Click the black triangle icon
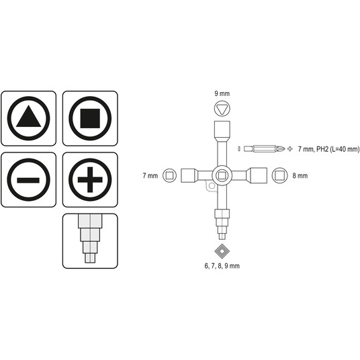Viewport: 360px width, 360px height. [x=29, y=117]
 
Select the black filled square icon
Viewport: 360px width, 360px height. [x=90, y=118]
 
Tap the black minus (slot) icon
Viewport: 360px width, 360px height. [x=28, y=180]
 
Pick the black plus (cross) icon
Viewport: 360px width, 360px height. [x=90, y=180]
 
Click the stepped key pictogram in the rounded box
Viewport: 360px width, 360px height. [x=90, y=238]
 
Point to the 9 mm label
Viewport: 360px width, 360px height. [x=222, y=93]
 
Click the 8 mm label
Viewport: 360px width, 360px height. [x=300, y=176]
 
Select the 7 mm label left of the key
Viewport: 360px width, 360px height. [x=150, y=176]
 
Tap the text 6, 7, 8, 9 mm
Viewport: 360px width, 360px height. [x=222, y=266]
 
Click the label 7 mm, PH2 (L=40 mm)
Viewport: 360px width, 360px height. [x=329, y=149]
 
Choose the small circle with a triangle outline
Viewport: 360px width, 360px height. [x=222, y=109]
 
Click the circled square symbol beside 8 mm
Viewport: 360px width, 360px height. [x=280, y=175]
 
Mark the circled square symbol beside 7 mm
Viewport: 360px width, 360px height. [x=170, y=175]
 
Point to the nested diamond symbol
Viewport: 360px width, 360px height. [x=222, y=251]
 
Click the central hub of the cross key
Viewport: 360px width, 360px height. [x=222, y=176]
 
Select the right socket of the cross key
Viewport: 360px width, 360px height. [x=257, y=175]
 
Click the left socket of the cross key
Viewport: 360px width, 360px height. [x=189, y=176]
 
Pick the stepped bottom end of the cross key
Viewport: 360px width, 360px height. [x=222, y=224]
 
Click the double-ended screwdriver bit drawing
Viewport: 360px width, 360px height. [x=264, y=149]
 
